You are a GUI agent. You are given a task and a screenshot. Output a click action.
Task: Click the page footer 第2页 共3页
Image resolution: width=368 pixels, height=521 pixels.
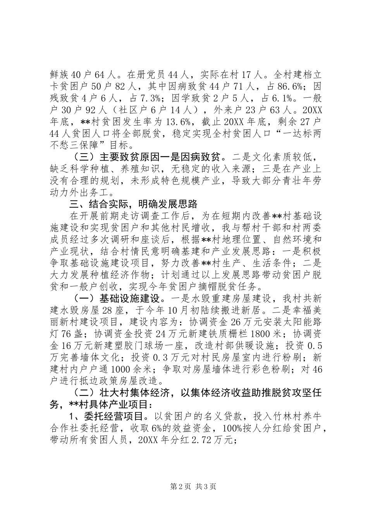(184, 486)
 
